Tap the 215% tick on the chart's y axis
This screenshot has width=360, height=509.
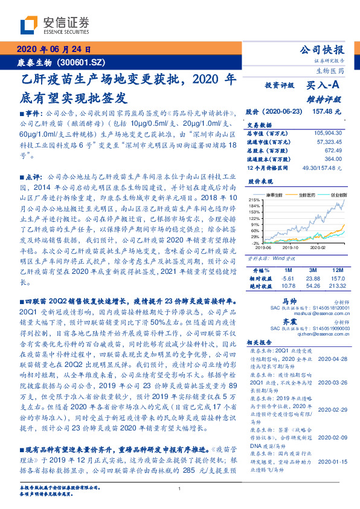pyautogui.click(x=254, y=199)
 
